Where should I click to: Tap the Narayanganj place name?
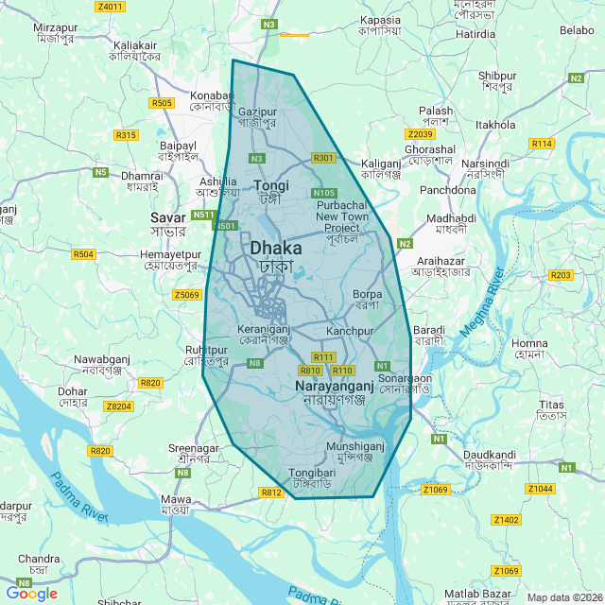328,388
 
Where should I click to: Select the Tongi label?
272,186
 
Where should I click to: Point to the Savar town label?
168,218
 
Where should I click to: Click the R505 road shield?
162,103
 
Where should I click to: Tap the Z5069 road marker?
187,295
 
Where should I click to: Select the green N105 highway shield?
323,193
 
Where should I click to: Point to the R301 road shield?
323,158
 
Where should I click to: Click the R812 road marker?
272,493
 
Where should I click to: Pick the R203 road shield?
562,275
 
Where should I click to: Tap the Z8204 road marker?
118,406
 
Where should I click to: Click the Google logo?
32,593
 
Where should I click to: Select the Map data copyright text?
563,596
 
